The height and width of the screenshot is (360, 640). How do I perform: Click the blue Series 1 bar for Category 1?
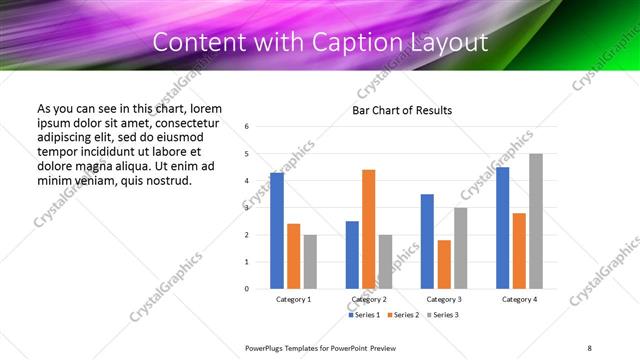coord(277,231)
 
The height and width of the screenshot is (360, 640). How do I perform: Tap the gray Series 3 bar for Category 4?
coord(536,221)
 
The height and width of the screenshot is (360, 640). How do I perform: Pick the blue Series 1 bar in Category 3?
coord(427,241)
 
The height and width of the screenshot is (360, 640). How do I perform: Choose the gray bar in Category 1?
coord(310,262)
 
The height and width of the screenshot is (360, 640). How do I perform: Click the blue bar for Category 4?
coord(502,228)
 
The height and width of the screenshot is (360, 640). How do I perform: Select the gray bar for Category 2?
coord(385,262)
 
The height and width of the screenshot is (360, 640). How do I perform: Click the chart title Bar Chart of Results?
coord(402,110)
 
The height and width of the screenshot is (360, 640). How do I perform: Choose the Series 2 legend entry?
coord(402,315)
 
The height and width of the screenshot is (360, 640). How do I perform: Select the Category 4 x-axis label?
coord(518,299)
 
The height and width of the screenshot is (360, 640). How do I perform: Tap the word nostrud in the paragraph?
coord(166,181)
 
